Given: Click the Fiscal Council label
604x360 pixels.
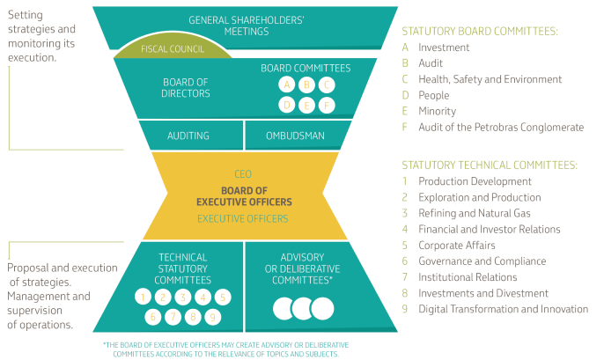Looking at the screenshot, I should point(173,49).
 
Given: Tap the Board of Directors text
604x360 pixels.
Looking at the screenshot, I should point(186,88).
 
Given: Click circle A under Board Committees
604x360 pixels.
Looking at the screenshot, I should point(285,84).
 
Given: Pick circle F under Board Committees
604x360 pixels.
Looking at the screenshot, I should point(327,105).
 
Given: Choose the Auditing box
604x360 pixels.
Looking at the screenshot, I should point(188,136).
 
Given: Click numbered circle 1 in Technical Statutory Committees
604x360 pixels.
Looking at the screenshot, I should point(143,297).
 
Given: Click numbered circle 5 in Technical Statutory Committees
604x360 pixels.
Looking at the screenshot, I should point(224,297).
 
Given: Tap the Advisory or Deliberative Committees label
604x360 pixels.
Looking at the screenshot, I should point(302,268).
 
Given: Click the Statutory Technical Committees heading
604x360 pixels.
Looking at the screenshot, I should point(489,165).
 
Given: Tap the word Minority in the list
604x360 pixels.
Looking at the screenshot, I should point(437,111).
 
